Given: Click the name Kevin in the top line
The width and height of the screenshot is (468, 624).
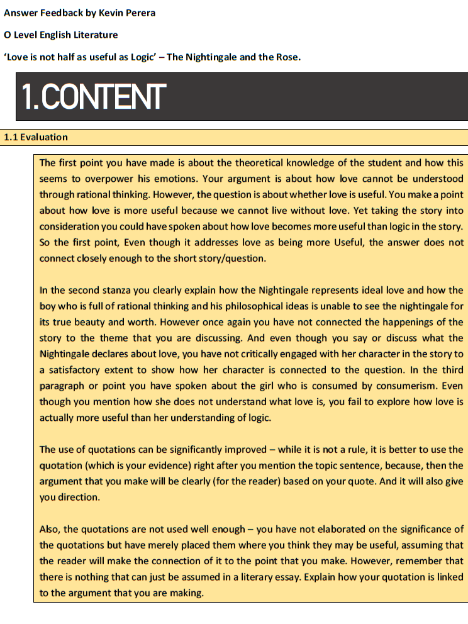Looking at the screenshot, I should pos(112,13).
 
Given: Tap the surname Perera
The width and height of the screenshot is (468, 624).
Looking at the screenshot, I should pos(142,13).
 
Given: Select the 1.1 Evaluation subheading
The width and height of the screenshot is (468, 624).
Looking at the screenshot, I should pos(36,137).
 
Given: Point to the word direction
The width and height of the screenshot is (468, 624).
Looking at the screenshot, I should pos(81,498).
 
